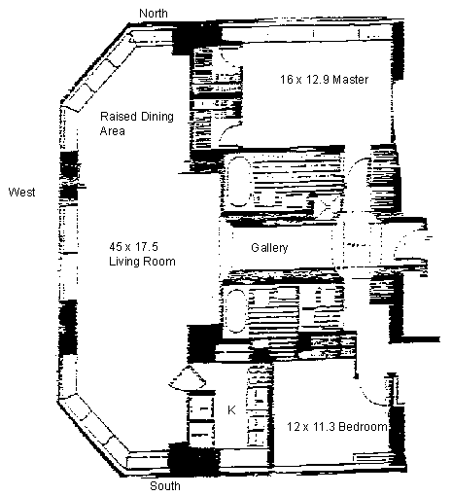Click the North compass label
click(x=154, y=14)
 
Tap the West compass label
click(x=21, y=192)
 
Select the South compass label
click(x=165, y=486)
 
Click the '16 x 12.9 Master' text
click(x=324, y=80)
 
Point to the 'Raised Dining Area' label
click(x=137, y=124)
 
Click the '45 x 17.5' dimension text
click(x=133, y=247)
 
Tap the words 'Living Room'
click(x=142, y=262)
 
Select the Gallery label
click(x=269, y=248)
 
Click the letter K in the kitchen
click(x=231, y=410)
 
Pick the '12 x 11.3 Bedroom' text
click(x=337, y=427)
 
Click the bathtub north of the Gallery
click(x=239, y=182)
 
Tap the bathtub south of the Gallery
click(x=237, y=311)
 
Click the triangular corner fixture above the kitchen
click(x=188, y=379)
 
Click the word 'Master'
click(x=351, y=80)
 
